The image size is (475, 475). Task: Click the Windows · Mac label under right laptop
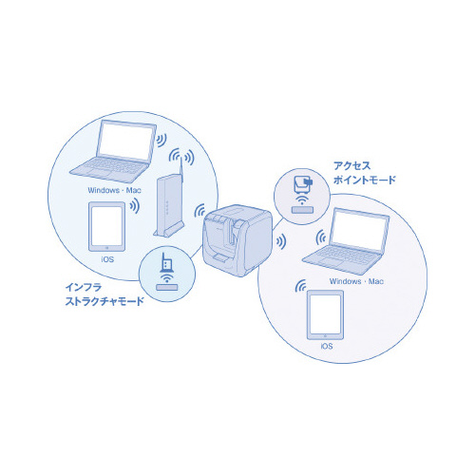[352, 280]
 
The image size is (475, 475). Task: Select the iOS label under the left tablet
[106, 258]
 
